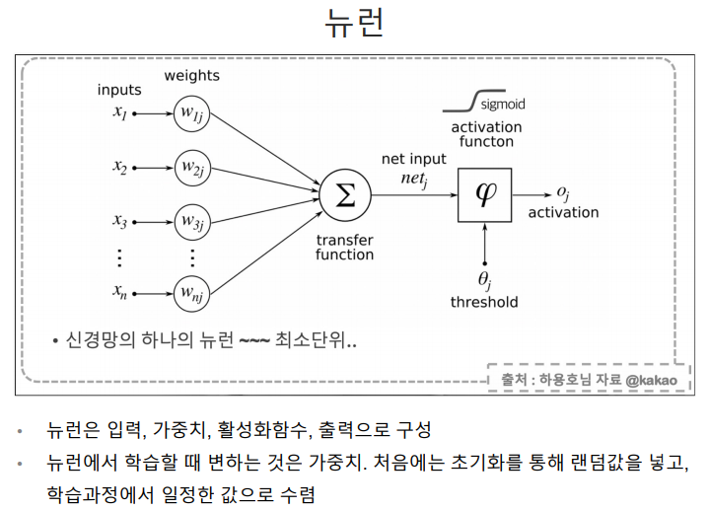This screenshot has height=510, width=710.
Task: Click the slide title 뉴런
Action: click(x=354, y=22)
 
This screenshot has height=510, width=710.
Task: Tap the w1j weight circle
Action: click(x=192, y=113)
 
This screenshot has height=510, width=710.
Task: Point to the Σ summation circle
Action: click(x=345, y=194)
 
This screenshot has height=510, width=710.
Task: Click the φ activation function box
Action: click(x=484, y=194)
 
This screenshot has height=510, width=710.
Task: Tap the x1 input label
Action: click(x=120, y=113)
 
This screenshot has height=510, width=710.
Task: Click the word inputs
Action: click(x=119, y=90)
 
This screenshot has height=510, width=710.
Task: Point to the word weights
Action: click(x=192, y=75)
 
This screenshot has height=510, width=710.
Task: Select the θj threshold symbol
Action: click(x=484, y=279)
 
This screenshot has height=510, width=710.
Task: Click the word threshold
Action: click(x=484, y=302)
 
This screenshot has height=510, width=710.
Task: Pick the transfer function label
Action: click(x=344, y=247)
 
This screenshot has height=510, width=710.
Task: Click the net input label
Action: click(x=413, y=158)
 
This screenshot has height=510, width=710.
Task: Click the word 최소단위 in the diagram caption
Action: click(x=320, y=341)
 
